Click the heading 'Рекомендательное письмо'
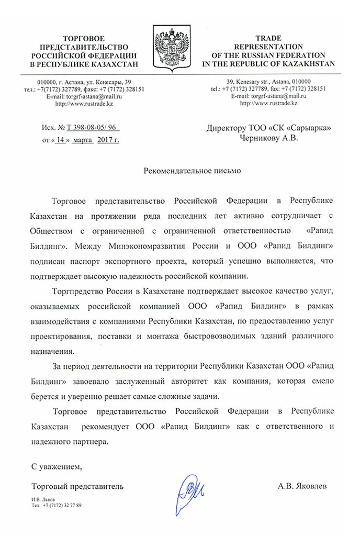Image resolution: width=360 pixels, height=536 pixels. tap(193, 171)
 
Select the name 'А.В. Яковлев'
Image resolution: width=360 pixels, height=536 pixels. tap(302, 486)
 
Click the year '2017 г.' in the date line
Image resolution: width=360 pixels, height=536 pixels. tap(108, 141)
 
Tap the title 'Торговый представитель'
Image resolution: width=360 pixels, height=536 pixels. tap(77, 486)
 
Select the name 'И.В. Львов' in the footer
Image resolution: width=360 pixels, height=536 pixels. tap(44, 500)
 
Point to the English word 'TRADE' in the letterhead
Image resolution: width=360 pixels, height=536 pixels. tap(268, 39)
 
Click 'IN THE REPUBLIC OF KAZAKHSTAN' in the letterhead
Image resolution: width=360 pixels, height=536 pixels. tap(268, 63)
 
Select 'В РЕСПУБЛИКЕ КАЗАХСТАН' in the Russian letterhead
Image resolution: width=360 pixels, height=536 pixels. tap(84, 64)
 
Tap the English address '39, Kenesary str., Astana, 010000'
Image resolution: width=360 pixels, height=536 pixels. tap(268, 82)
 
